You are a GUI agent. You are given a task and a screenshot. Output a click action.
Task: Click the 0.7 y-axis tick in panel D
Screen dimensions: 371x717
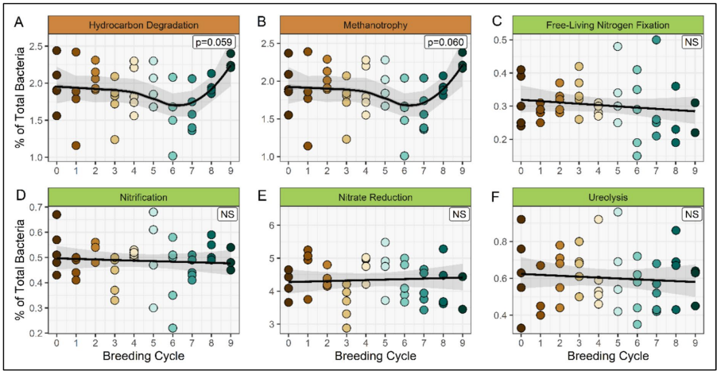(x=35, y=207)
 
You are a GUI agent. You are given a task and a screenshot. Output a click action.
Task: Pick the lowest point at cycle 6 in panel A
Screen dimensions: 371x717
(x=172, y=156)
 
